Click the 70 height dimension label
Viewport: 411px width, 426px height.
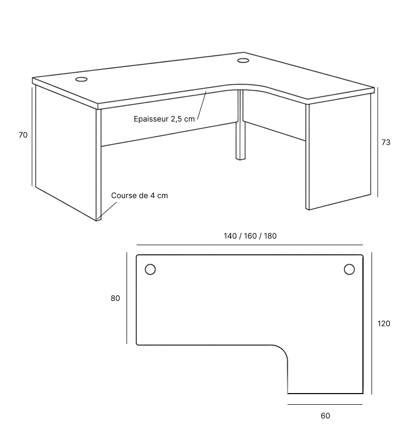tap(23, 135)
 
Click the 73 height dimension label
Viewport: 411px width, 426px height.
tap(386, 142)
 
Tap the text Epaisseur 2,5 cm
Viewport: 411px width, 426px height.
tap(164, 119)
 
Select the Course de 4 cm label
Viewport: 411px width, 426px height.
tap(140, 196)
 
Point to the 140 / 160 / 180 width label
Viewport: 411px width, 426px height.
tap(250, 236)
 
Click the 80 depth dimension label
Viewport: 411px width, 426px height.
tap(115, 298)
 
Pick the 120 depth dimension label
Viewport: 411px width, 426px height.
tap(384, 324)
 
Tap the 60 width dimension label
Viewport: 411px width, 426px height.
tap(325, 416)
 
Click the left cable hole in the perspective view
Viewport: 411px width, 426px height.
tap(81, 80)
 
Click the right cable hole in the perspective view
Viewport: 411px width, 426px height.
tap(243, 60)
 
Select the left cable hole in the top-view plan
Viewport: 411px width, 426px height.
tap(150, 269)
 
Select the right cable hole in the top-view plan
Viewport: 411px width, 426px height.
tap(349, 269)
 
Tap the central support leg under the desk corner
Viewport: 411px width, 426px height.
tap(240, 125)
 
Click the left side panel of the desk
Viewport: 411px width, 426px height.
tap(66, 152)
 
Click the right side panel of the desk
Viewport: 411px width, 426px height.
tap(338, 152)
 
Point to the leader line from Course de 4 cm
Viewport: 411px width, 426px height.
tap(107, 210)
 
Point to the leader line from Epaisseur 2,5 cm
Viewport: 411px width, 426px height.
tap(202, 105)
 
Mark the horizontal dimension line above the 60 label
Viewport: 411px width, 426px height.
tap(325, 405)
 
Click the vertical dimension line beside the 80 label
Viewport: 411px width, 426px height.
tap(127, 298)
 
